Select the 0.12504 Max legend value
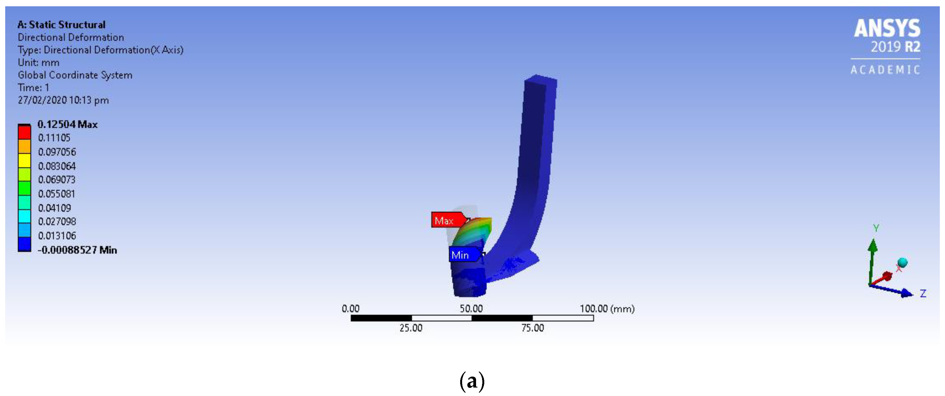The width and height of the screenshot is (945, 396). click(68, 124)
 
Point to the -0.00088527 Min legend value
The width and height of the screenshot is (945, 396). click(77, 250)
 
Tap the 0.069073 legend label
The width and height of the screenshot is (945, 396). click(57, 180)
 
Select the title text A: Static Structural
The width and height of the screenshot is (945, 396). click(62, 25)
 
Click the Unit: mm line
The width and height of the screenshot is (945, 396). click(39, 62)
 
